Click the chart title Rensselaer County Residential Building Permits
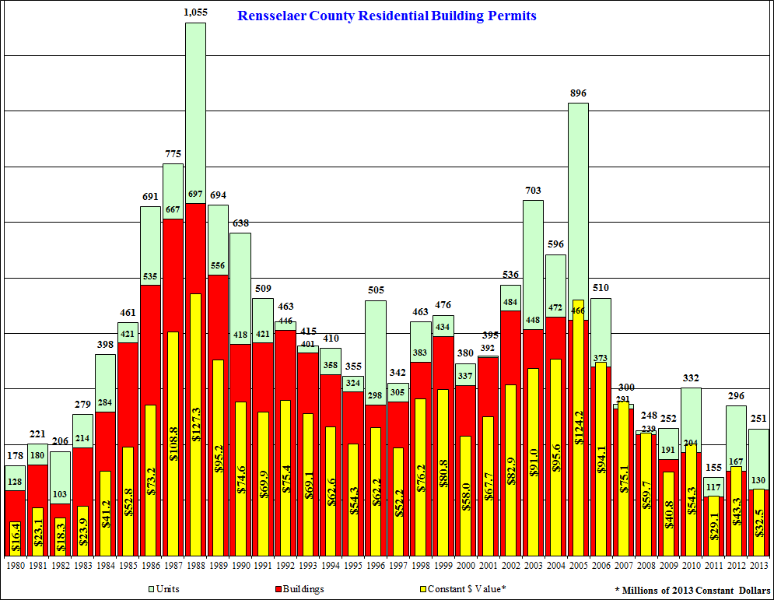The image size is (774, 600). pyautogui.click(x=387, y=16)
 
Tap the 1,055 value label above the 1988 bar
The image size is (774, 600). pyautogui.click(x=195, y=12)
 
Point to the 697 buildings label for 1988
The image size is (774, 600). pyautogui.click(x=195, y=193)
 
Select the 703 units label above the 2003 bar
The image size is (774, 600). pyautogui.click(x=533, y=191)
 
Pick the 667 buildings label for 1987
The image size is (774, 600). pyautogui.click(x=173, y=209)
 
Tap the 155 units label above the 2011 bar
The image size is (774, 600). pyautogui.click(x=713, y=468)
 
